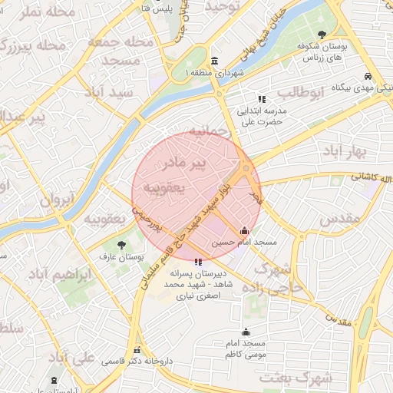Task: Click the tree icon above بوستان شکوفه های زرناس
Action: [x=321, y=34]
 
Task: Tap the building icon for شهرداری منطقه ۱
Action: [x=213, y=61]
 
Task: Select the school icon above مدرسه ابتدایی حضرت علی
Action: [x=262, y=99]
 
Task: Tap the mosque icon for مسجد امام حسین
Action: [x=244, y=230]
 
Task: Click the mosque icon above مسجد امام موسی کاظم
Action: [x=246, y=332]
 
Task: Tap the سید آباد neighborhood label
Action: [x=111, y=92]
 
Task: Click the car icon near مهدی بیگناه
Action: [x=369, y=76]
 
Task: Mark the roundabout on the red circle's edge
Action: [x=245, y=168]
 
